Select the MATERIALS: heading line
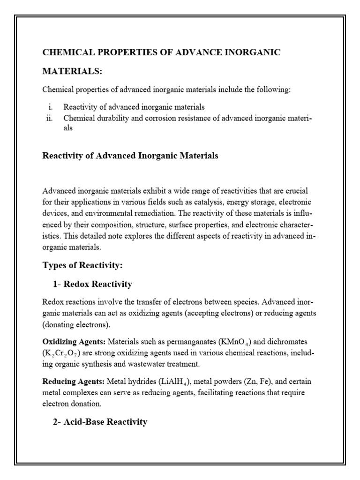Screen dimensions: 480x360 72,71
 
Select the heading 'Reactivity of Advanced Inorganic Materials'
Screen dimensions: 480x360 130,156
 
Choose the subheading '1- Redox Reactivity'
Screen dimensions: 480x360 92,285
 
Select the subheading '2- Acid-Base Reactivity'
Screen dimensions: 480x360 100,422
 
